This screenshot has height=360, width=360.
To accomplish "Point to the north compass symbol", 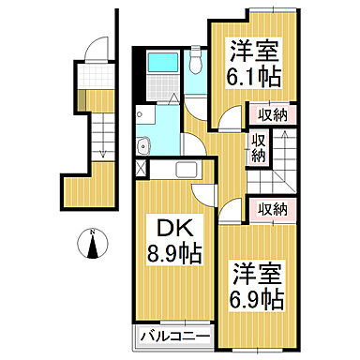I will pyautogui.click(x=93, y=246).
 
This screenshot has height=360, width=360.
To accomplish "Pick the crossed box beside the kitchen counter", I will pyautogui.click(x=141, y=170).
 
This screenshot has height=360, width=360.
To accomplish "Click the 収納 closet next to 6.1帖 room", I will pyautogui.click(x=272, y=116).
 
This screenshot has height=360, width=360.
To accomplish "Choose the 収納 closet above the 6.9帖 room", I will pyautogui.click(x=272, y=208).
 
